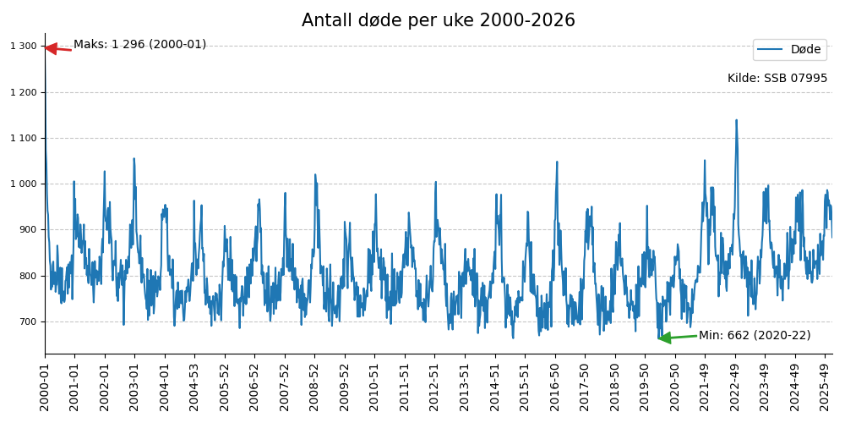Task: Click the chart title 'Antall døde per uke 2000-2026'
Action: [438, 20]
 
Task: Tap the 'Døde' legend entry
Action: [804, 50]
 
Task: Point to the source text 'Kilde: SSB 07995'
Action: [777, 79]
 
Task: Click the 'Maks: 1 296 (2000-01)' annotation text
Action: [139, 45]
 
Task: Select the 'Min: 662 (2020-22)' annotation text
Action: [754, 336]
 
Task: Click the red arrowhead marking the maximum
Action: [50, 48]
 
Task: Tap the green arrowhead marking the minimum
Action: [664, 338]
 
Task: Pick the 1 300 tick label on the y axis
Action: [24, 47]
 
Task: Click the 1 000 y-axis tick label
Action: [24, 184]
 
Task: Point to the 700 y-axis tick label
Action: [27, 321]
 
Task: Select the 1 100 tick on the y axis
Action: [24, 138]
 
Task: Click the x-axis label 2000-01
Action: [45, 385]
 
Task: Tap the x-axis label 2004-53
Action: [194, 385]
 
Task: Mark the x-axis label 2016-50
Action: [555, 385]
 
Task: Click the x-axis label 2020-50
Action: [675, 385]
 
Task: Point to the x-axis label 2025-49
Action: [825, 385]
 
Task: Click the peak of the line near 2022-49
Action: [736, 120]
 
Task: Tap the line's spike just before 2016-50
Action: [557, 162]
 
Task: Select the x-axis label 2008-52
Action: [314, 385]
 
